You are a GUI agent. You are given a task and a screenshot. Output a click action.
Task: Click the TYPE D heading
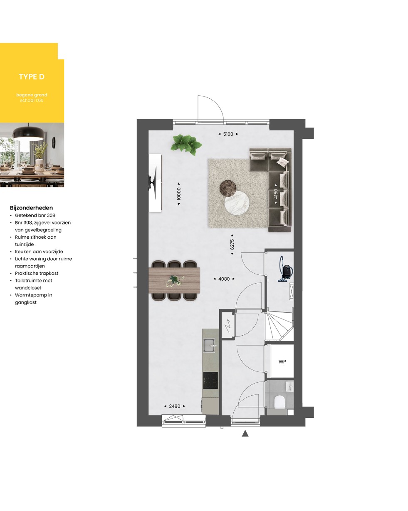coord(32,77)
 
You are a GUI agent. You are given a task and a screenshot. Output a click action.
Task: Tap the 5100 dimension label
coord(228,134)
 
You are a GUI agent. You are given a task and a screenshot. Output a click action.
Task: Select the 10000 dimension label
coord(179,194)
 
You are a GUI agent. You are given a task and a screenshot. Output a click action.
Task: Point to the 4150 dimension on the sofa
coord(275,194)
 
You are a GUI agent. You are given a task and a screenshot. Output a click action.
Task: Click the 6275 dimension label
coord(232,244)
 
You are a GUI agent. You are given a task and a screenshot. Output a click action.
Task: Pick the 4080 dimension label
coord(224,279)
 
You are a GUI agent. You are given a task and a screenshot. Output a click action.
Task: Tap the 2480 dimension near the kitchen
coord(175,406)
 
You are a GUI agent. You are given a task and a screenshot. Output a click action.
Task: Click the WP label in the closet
coord(282,361)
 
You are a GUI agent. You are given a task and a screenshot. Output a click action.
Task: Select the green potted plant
coord(186,145)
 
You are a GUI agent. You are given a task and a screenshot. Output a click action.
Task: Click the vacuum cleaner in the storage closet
coord(286,269)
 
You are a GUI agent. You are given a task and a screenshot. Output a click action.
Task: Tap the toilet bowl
coord(279,401)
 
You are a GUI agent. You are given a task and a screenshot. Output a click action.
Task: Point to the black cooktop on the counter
coord(210,380)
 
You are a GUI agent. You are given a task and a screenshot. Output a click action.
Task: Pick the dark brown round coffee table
coord(228,188)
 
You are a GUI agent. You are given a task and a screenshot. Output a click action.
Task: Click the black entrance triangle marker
coord(245,434)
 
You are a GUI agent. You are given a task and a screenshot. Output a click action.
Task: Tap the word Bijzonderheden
coord(31,208)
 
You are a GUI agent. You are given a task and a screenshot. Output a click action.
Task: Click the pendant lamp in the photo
coord(28,133)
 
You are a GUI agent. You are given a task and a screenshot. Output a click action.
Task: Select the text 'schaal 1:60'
coord(32,100)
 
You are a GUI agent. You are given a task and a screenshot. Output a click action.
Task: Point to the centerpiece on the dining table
coord(174,281)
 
